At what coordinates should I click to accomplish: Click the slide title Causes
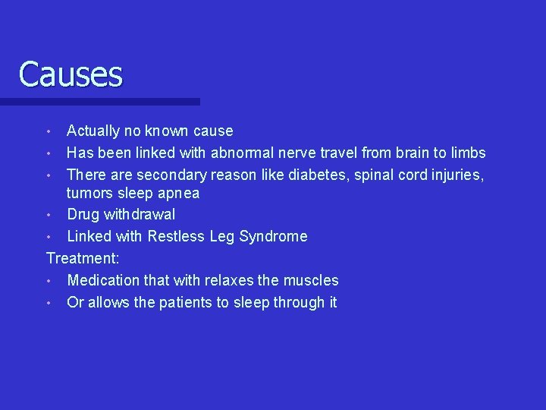[71, 74]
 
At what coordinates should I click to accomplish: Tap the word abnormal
[240, 153]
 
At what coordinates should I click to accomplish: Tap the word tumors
[89, 194]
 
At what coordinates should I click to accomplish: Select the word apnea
[179, 194]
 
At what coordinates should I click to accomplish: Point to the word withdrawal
[140, 215]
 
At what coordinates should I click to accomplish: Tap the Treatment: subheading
[83, 258]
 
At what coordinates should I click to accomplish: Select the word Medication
[103, 280]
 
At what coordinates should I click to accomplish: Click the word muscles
[312, 280]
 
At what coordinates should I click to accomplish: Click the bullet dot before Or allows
[49, 303]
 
